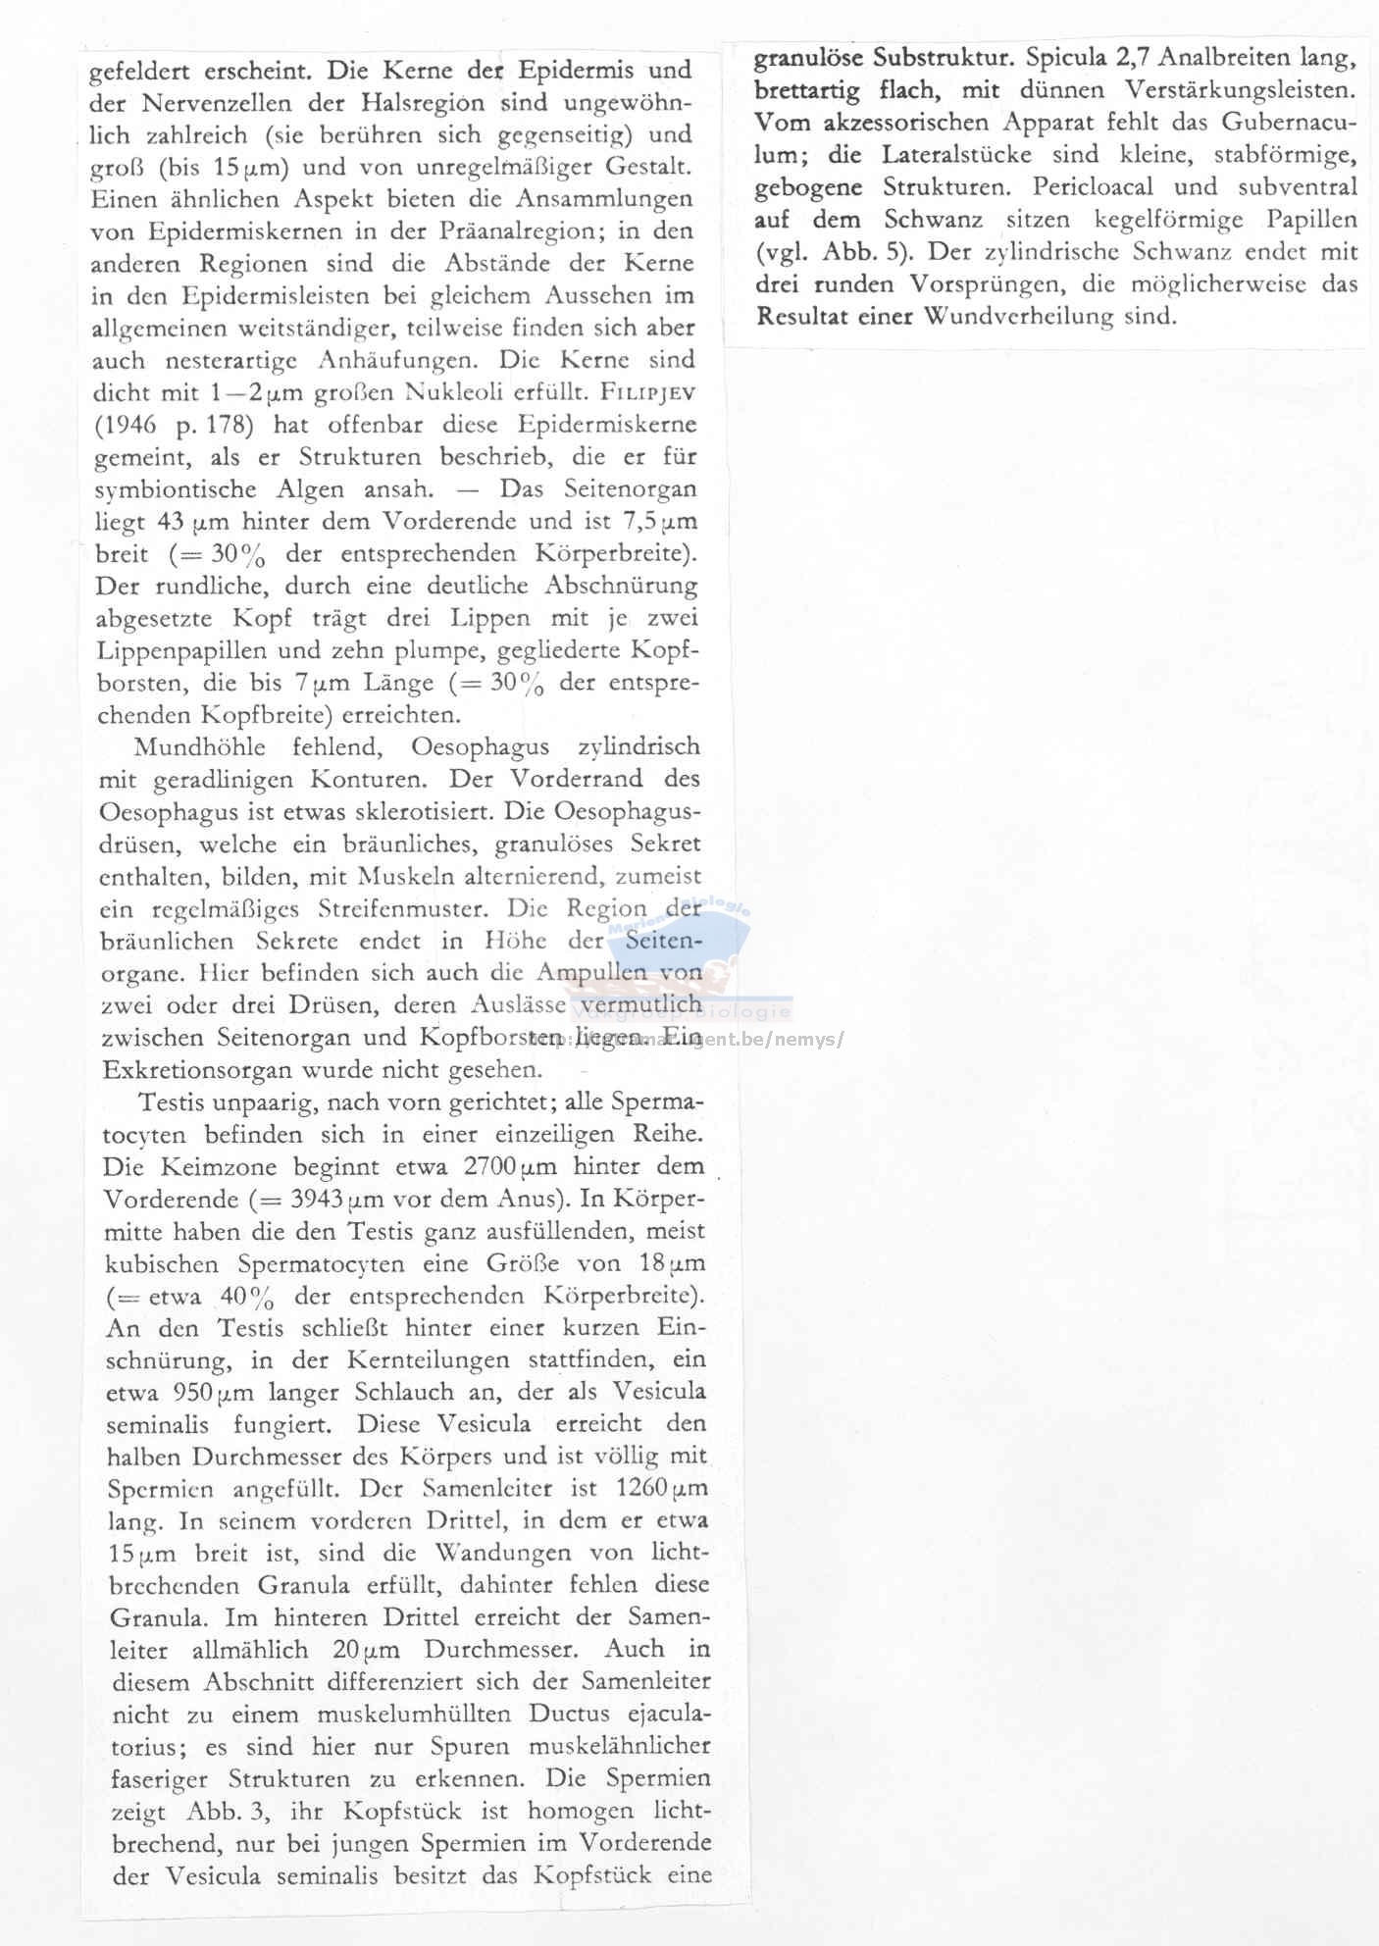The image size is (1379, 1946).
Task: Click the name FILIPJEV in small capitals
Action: point(648,392)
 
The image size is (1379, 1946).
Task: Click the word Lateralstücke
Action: point(956,155)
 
